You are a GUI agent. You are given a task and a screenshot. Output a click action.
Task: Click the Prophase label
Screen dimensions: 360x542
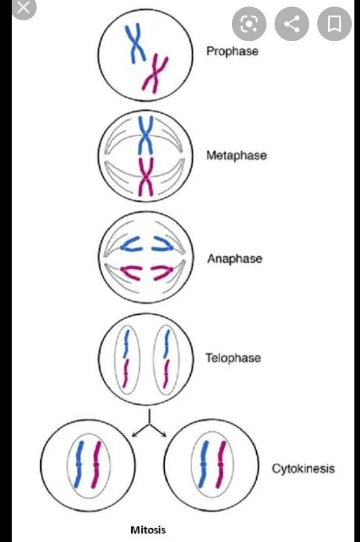pyautogui.click(x=232, y=51)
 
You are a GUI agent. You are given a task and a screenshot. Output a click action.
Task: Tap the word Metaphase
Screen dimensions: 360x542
pyautogui.click(x=236, y=155)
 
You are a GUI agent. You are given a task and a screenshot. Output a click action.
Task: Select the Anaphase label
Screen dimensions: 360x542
pyautogui.click(x=234, y=259)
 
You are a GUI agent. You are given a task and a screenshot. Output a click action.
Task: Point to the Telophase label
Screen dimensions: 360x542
pyautogui.click(x=233, y=358)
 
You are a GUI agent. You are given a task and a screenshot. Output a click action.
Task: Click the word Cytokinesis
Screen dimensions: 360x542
pyautogui.click(x=303, y=468)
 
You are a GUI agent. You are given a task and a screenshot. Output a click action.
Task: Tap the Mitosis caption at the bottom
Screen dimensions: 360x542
pyautogui.click(x=148, y=530)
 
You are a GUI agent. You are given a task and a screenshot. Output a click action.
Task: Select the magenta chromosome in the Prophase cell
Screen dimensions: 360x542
pyautogui.click(x=156, y=74)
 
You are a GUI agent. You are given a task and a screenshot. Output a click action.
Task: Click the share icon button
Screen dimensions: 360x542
pyautogui.click(x=292, y=23)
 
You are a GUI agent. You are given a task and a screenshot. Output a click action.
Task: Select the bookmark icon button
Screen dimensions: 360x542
pyautogui.click(x=335, y=23)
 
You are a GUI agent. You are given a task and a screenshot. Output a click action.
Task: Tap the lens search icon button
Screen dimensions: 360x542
pyautogui.click(x=249, y=23)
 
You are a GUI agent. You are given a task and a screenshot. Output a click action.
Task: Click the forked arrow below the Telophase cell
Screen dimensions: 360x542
pyautogui.click(x=149, y=425)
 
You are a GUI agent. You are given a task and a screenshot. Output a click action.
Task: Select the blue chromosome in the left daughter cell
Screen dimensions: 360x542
pyautogui.click(x=78, y=464)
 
